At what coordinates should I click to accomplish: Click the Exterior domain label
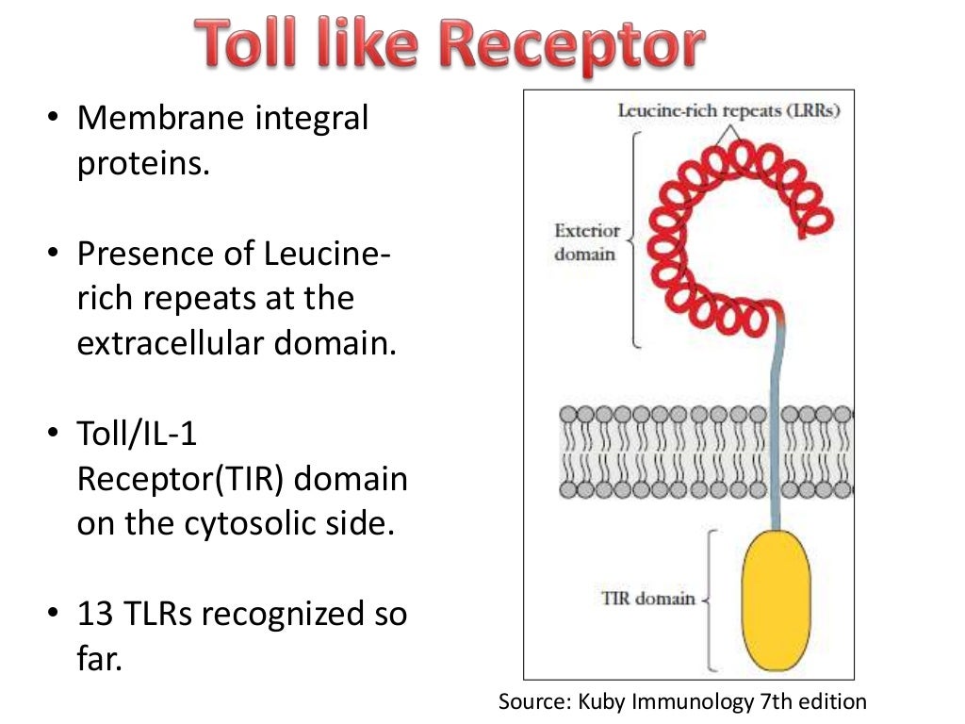pos(586,242)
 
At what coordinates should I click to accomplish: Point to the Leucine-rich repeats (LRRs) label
pos(728,110)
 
